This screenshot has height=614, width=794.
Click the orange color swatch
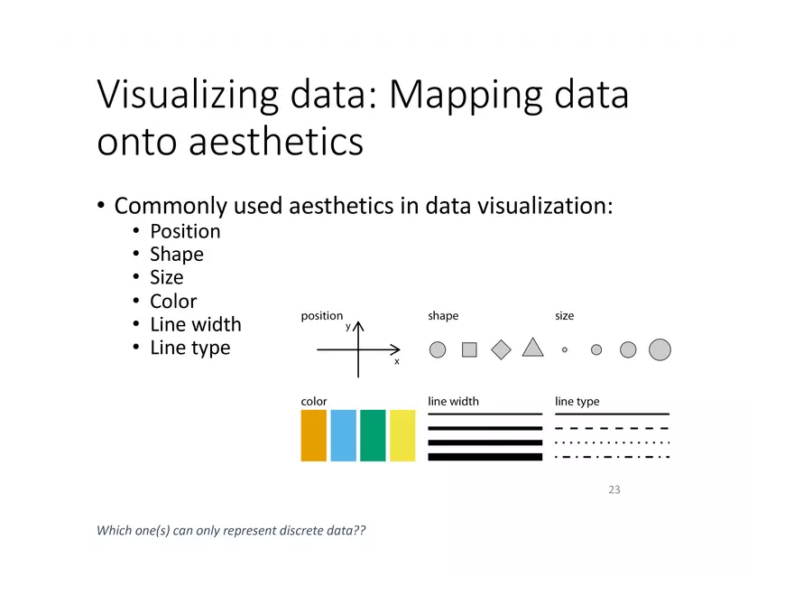tap(313, 435)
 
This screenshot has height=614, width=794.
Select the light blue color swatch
tap(343, 435)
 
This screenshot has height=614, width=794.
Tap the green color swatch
tap(373, 435)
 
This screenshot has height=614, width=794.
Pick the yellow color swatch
tap(402, 435)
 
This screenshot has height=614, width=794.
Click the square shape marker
tap(469, 349)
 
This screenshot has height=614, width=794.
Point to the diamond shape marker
tap(501, 349)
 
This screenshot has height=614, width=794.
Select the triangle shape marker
tap(533, 349)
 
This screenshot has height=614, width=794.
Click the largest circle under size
tap(660, 349)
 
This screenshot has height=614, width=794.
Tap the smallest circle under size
tap(565, 349)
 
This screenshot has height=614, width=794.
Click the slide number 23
tap(614, 489)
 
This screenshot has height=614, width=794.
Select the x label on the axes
tap(396, 361)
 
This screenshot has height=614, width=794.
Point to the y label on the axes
tap(348, 327)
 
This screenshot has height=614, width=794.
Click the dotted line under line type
tap(612, 442)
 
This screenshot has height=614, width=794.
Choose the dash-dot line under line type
tap(612, 457)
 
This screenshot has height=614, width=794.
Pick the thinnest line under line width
tap(485, 414)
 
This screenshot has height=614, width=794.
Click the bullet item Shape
tap(177, 255)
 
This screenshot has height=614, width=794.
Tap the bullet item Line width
tap(196, 324)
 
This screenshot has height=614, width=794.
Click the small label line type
tap(577, 402)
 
